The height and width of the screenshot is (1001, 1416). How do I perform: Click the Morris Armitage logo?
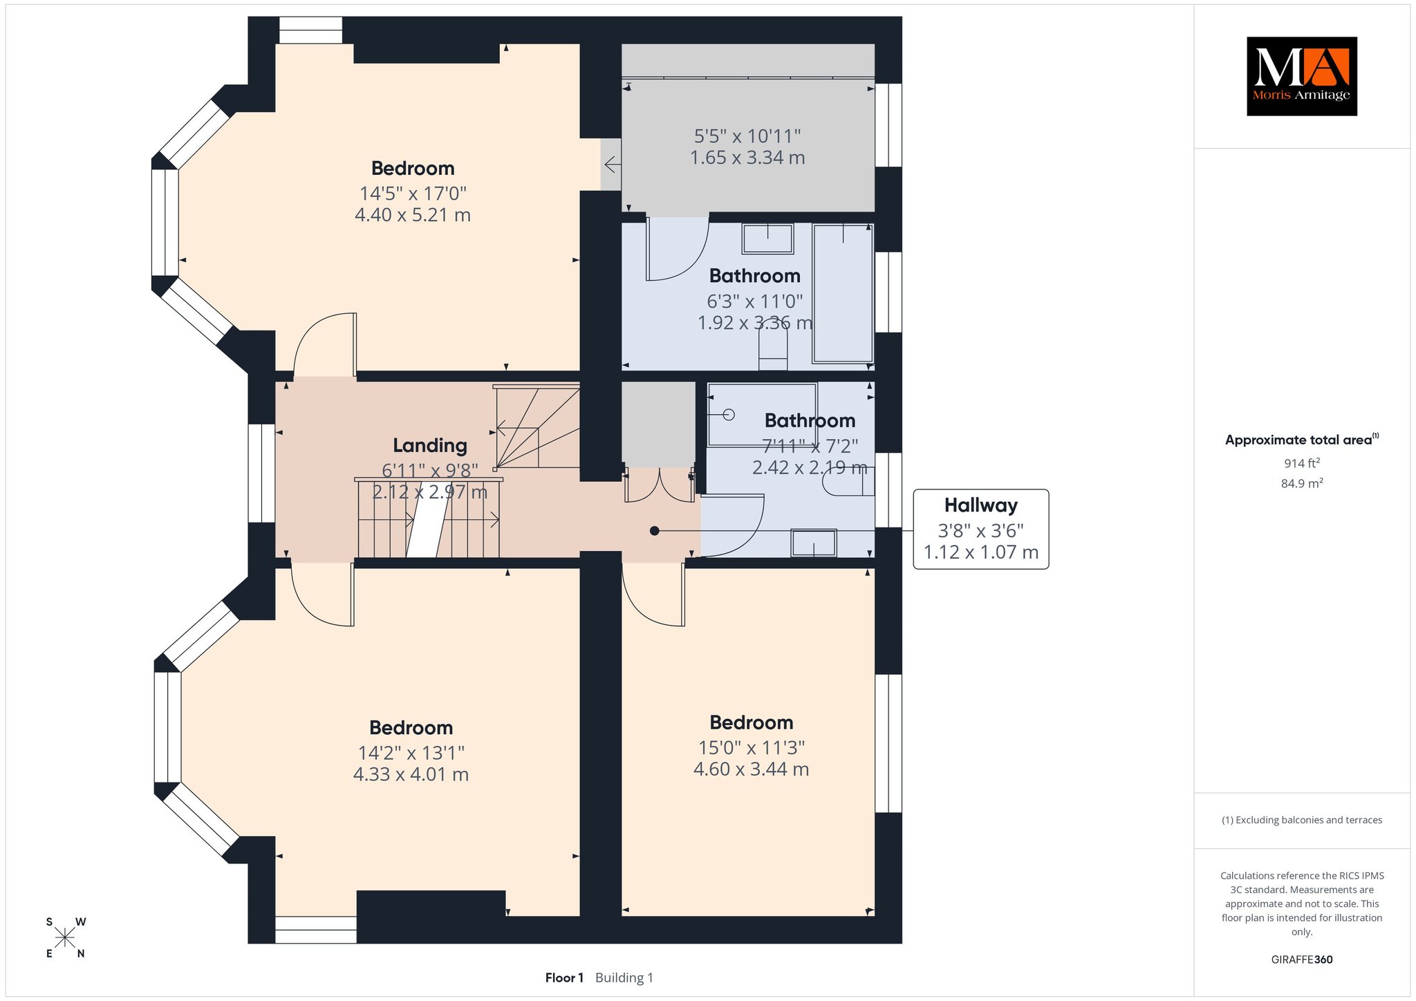tap(1301, 76)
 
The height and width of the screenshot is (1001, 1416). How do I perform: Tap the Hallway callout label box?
tap(980, 530)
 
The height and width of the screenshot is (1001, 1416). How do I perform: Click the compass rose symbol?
tap(65, 937)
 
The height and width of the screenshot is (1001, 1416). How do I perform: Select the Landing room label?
tap(430, 446)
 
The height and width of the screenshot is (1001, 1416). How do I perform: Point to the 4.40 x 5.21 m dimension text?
tap(413, 215)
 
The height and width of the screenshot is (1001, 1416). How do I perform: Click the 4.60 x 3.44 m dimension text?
tap(751, 769)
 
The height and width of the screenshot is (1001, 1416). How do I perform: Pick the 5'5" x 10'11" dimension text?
tap(747, 135)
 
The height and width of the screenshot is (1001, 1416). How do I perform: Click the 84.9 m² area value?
tap(1302, 483)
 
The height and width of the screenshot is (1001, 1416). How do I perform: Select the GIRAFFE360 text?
tap(1302, 960)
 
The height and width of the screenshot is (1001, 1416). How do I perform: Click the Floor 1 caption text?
tap(564, 977)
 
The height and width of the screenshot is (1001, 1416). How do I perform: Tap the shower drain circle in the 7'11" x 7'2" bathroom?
tap(729, 415)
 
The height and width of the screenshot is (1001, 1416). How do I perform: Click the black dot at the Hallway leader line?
tap(654, 531)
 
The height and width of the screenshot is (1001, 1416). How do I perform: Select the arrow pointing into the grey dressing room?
tap(613, 165)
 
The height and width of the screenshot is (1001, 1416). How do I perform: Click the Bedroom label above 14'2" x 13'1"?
tap(411, 727)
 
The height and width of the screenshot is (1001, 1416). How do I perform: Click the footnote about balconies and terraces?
tap(1302, 820)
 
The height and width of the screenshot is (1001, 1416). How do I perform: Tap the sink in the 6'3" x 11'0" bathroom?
tap(767, 238)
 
